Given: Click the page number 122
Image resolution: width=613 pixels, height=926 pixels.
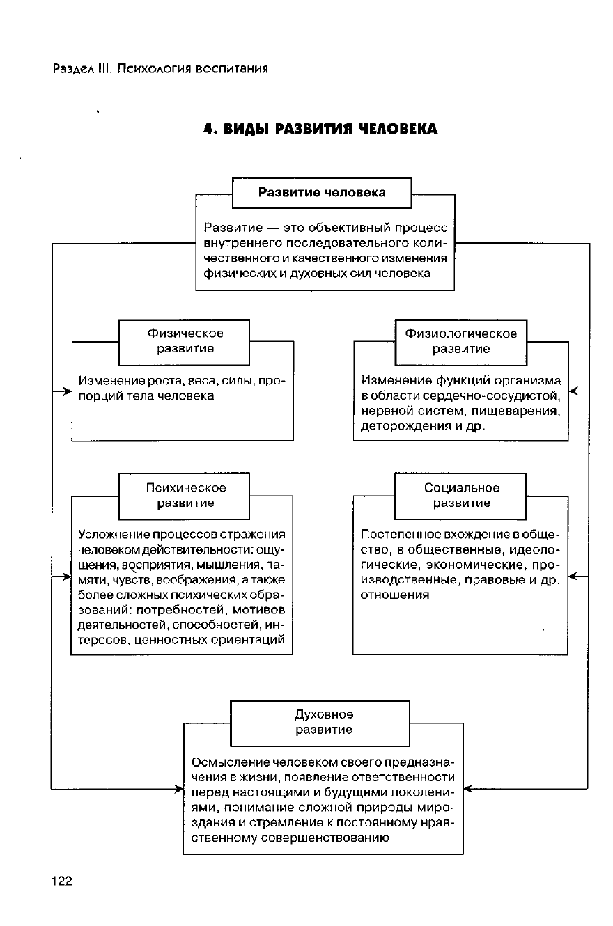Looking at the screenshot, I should (62, 881).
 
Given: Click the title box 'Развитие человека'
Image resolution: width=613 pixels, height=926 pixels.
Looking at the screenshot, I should (322, 192).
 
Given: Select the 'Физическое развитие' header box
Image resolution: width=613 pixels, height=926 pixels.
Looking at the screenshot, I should (185, 341).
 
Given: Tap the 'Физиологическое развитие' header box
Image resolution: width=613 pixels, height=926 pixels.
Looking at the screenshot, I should (460, 341).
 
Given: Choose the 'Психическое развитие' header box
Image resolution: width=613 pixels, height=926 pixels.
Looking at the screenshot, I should (185, 495).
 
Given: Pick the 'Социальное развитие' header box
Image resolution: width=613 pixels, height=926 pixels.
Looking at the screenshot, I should (460, 495).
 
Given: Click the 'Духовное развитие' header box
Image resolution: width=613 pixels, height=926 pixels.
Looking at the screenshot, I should (320, 722).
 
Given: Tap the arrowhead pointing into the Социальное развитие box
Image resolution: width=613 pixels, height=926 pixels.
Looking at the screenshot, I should (573, 577).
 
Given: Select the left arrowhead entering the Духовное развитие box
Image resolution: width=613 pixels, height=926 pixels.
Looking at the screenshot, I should (178, 789).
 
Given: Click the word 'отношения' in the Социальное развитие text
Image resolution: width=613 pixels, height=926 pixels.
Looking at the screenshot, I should (395, 595).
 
